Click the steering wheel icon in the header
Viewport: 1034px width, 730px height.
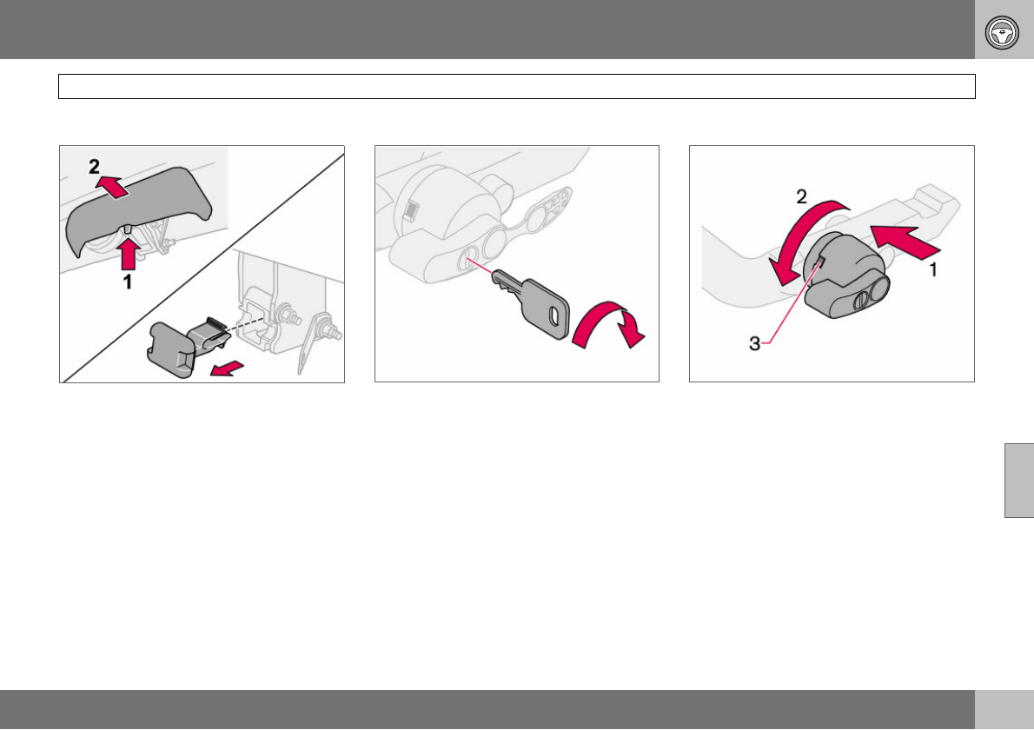(x=1002, y=32)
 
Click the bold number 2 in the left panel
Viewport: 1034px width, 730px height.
(x=95, y=166)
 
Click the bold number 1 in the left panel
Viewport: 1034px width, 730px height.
(x=128, y=282)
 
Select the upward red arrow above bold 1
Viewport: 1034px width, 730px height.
(x=129, y=254)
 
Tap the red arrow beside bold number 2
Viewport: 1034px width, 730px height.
(x=111, y=187)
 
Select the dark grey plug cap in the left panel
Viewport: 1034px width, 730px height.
(x=188, y=346)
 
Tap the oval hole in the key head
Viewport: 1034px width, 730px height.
(x=554, y=315)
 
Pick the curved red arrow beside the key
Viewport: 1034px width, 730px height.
(x=608, y=324)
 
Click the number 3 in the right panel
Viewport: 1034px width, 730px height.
(x=754, y=343)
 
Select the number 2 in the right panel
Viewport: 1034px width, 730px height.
(x=801, y=196)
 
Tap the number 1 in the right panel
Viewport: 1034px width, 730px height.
(x=933, y=269)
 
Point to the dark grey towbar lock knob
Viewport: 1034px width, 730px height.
(x=846, y=275)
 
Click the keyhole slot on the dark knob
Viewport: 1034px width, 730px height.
(x=860, y=302)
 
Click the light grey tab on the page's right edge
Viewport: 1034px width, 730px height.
(x=1019, y=481)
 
